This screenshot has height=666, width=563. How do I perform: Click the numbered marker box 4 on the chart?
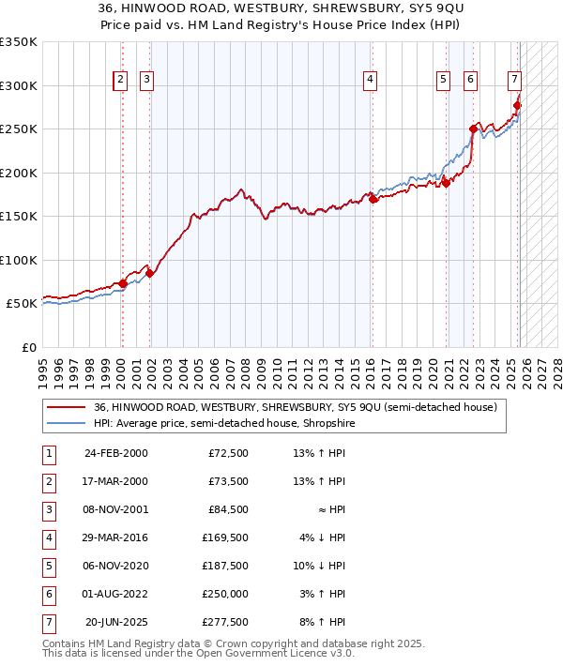click(371, 81)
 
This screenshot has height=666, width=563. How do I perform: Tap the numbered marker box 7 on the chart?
click(515, 81)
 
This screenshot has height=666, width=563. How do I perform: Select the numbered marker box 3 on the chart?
click(147, 81)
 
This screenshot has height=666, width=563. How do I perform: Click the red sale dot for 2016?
click(373, 199)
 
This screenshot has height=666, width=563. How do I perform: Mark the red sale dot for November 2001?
click(149, 274)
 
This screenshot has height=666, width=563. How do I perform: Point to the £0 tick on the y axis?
click(28, 348)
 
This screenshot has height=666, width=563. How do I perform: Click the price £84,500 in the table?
click(228, 510)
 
